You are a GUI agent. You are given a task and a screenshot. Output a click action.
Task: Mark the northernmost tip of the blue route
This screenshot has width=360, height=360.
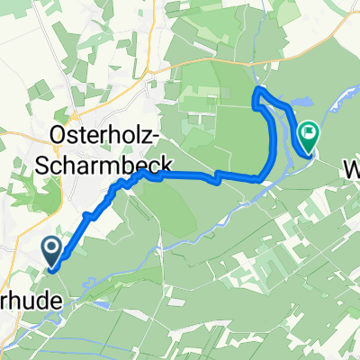pos(259,90)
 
